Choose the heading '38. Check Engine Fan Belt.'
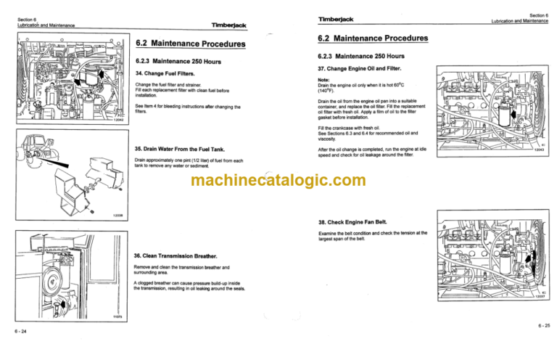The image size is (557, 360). pos(354,223)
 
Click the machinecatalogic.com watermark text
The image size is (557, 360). pos(278,181)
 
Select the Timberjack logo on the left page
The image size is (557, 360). pos(229,25)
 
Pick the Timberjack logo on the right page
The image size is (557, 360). pos(341,18)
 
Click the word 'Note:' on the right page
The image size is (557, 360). pos(324,80)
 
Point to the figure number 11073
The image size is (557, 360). pos(117,317)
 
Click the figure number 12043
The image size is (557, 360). pos(539,150)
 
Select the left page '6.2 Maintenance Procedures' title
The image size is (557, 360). pos(190,44)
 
